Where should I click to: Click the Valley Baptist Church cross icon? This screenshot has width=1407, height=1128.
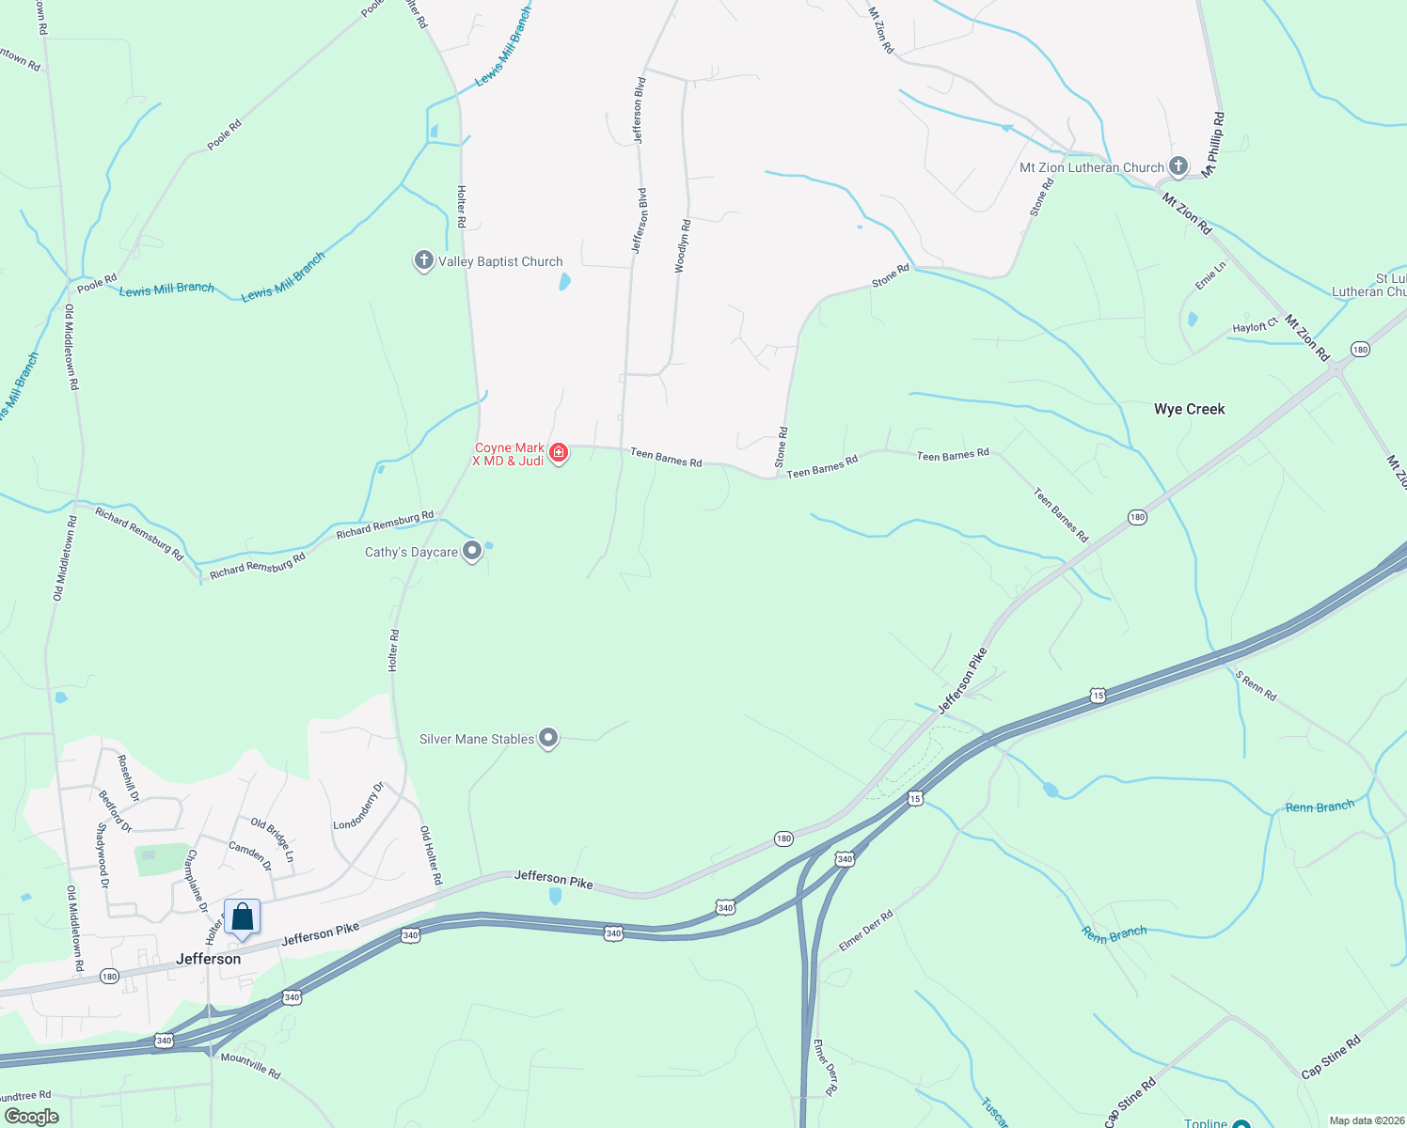[x=424, y=260]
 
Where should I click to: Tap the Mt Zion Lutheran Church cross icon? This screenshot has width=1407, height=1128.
[x=1178, y=166]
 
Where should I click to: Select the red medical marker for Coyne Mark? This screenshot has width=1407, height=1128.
[x=559, y=454]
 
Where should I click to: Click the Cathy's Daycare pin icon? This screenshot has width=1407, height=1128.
[x=472, y=551]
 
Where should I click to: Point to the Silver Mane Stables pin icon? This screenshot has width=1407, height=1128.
[x=548, y=738]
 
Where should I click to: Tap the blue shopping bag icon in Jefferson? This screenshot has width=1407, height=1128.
[x=243, y=916]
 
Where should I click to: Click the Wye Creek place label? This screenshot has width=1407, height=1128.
[x=1189, y=409]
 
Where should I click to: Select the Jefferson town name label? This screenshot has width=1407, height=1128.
[x=209, y=959]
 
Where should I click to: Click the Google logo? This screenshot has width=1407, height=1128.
[x=32, y=1116]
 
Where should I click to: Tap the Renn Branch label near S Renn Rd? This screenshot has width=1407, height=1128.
[x=1320, y=807]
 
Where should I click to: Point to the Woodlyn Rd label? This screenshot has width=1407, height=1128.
[x=682, y=246]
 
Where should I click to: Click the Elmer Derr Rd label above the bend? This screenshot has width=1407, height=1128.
[x=865, y=930]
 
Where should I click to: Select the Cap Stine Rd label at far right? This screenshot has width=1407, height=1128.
[x=1330, y=1057]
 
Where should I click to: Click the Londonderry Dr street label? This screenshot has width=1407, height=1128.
[x=358, y=807]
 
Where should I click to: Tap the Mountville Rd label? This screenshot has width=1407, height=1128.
[x=250, y=1065]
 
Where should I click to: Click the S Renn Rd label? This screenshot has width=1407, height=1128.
[x=1256, y=686]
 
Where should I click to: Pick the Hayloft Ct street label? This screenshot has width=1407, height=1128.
[x=1255, y=325]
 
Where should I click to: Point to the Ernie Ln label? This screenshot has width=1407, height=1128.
[x=1210, y=275]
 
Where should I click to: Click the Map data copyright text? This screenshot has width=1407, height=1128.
[x=1363, y=1120]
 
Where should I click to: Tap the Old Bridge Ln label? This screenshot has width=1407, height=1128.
[x=272, y=840]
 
